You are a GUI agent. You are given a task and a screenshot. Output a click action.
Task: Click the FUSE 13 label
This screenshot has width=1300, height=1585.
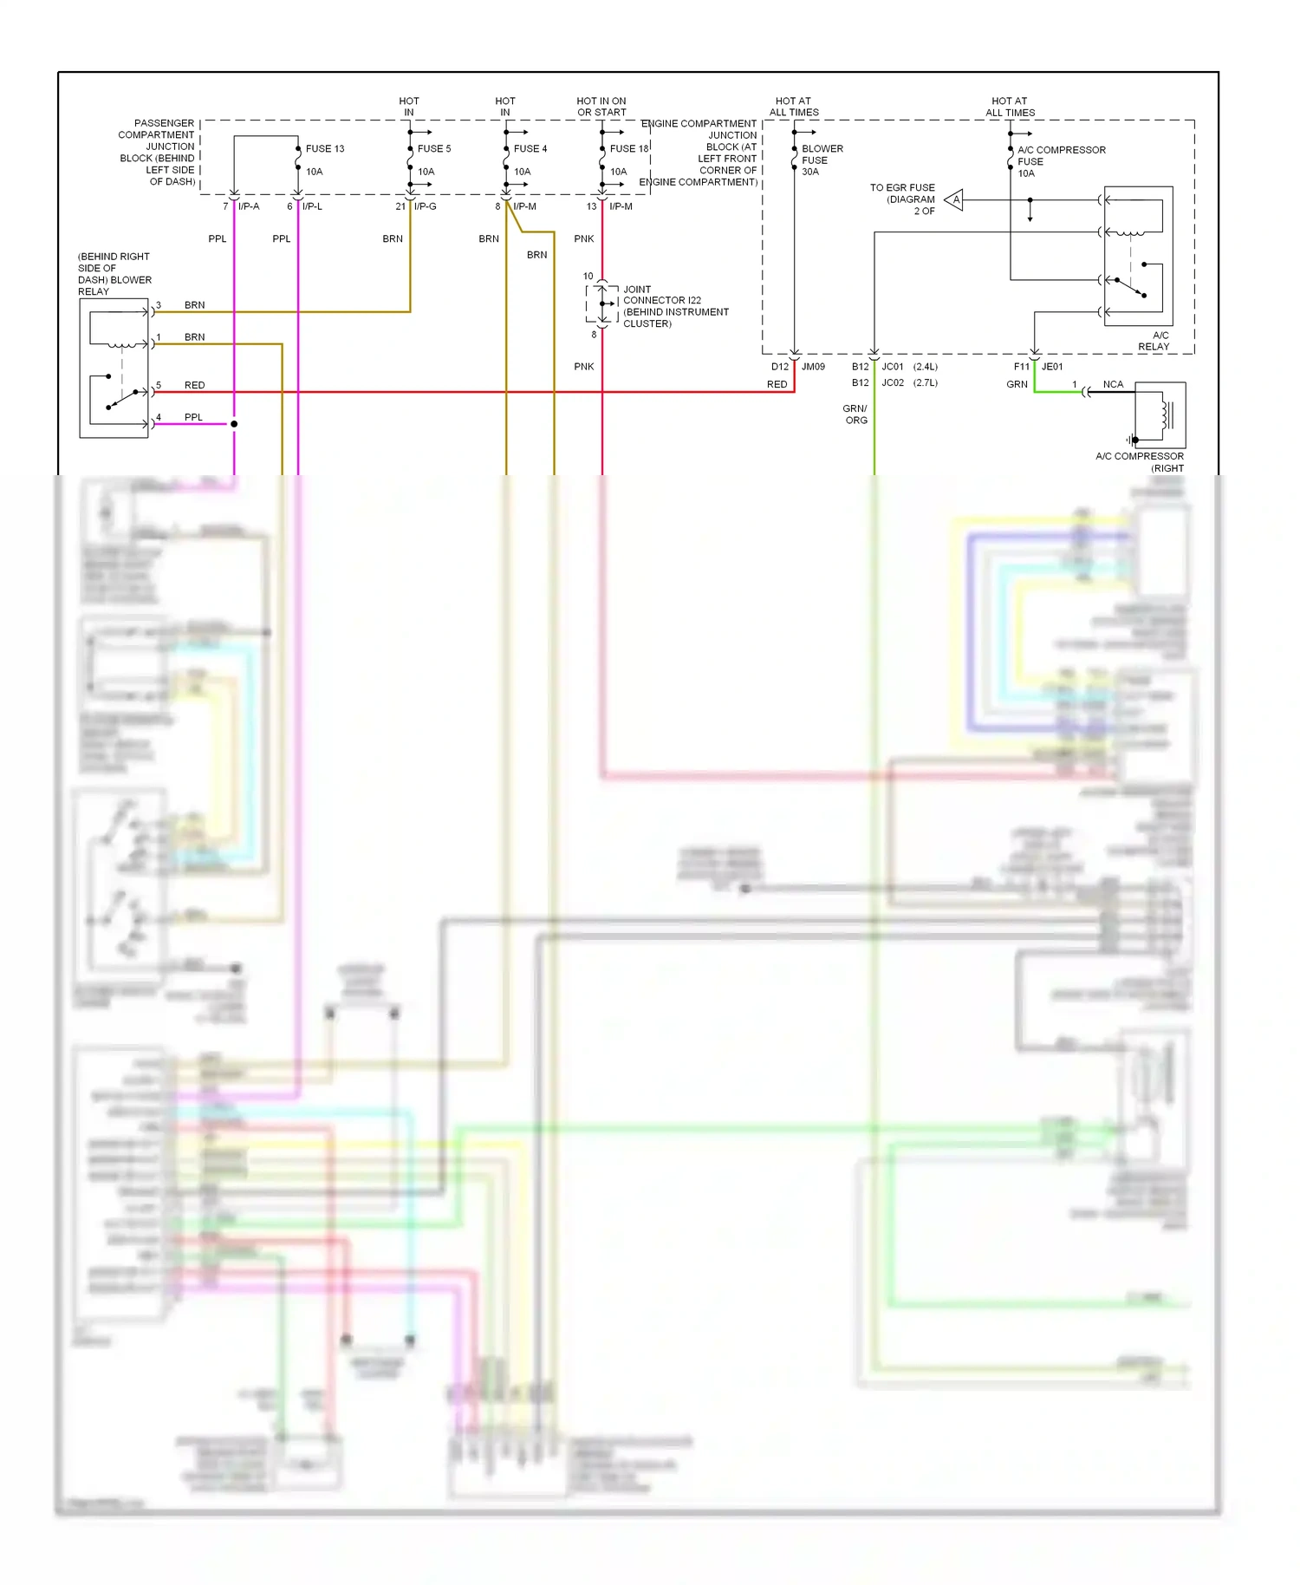click(324, 148)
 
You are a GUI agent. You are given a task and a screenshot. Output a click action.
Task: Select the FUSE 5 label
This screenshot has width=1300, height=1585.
click(433, 148)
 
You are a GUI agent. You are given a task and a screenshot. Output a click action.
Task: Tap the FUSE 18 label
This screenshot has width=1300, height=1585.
click(628, 148)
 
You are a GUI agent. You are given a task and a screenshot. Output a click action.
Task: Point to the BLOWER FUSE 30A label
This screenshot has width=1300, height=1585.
click(821, 160)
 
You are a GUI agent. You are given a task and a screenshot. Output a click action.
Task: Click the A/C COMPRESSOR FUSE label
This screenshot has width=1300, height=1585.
click(1060, 156)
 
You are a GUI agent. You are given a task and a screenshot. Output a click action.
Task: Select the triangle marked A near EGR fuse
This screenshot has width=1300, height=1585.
click(954, 200)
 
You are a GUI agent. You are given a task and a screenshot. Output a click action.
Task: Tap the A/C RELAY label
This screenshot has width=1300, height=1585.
click(1154, 341)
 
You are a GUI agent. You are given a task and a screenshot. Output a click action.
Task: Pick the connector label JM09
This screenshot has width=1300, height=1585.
click(813, 367)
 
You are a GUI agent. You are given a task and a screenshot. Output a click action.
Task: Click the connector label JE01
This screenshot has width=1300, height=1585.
click(1051, 367)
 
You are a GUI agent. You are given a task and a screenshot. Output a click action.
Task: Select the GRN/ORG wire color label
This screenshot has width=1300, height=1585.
click(855, 414)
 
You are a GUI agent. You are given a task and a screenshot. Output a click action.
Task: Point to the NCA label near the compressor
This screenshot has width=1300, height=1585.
click(1113, 384)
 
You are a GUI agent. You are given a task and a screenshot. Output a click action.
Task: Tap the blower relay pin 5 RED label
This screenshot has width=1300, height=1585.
click(194, 385)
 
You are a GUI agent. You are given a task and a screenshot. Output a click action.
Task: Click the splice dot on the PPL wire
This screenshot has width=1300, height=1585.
click(234, 424)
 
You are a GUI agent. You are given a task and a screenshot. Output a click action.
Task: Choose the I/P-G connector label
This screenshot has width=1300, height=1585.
click(425, 206)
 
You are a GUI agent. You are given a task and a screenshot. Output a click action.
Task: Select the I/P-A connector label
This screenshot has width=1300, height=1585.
click(249, 206)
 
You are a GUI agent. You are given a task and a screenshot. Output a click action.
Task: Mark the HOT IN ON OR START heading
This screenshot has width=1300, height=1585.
click(601, 107)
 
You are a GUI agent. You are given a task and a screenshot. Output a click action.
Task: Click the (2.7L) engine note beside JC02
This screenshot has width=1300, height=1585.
click(925, 382)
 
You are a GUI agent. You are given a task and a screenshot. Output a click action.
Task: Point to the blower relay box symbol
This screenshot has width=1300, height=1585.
click(114, 369)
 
